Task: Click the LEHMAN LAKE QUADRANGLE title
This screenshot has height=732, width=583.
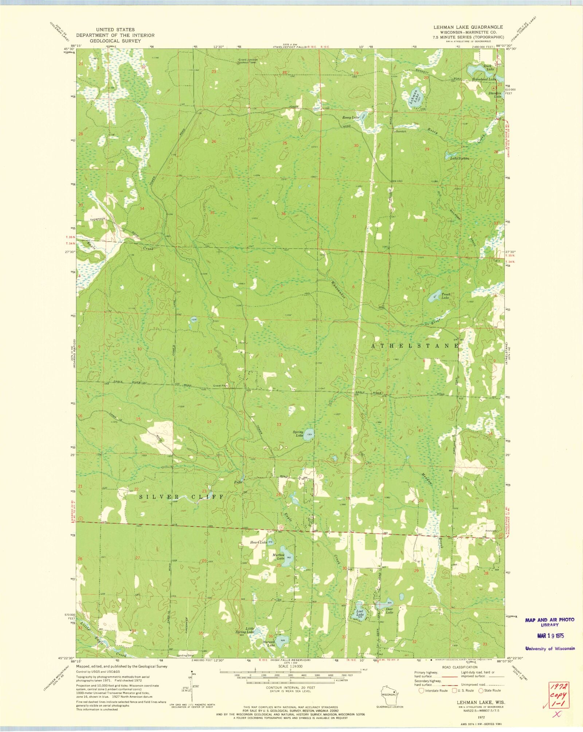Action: [x=468, y=27]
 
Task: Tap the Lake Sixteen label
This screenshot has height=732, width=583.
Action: [x=459, y=158]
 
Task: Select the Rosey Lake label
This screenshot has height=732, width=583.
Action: [x=351, y=117]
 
